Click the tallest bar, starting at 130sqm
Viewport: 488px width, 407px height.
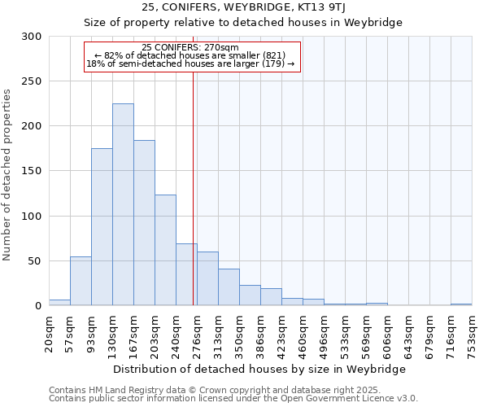123,204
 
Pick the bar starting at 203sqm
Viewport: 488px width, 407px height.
165,250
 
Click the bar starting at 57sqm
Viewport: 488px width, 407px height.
81,281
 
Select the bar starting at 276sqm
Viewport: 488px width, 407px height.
207,278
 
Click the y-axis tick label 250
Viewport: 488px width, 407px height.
32,81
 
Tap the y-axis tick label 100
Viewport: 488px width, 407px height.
32,217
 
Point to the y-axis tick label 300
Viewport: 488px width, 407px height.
32,37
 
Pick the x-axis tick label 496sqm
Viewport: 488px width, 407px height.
324,334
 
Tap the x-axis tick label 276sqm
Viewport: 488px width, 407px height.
197,334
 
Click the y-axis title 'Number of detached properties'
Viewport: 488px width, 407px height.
8,175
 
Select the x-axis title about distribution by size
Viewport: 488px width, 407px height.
259,369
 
